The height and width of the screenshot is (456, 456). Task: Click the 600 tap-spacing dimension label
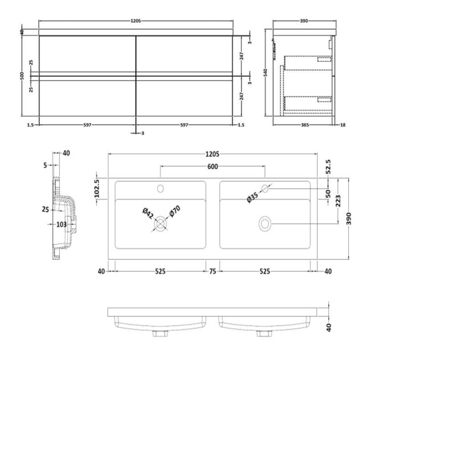(x=212, y=167)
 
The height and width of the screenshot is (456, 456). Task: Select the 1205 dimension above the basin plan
(x=212, y=154)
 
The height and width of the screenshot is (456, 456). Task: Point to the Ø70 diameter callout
(x=174, y=212)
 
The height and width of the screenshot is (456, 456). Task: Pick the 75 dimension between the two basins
(x=213, y=272)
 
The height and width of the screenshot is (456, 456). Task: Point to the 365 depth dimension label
(x=304, y=125)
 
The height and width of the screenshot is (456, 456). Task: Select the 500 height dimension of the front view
(x=22, y=76)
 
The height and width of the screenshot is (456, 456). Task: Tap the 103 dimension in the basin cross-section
(x=62, y=225)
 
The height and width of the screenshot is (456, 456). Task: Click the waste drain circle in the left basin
(x=160, y=224)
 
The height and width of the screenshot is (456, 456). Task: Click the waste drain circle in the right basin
(x=265, y=224)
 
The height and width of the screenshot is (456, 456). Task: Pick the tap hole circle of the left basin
(x=160, y=188)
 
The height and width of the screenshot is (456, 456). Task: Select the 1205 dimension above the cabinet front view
(x=136, y=21)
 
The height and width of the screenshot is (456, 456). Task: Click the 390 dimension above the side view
(x=304, y=21)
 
